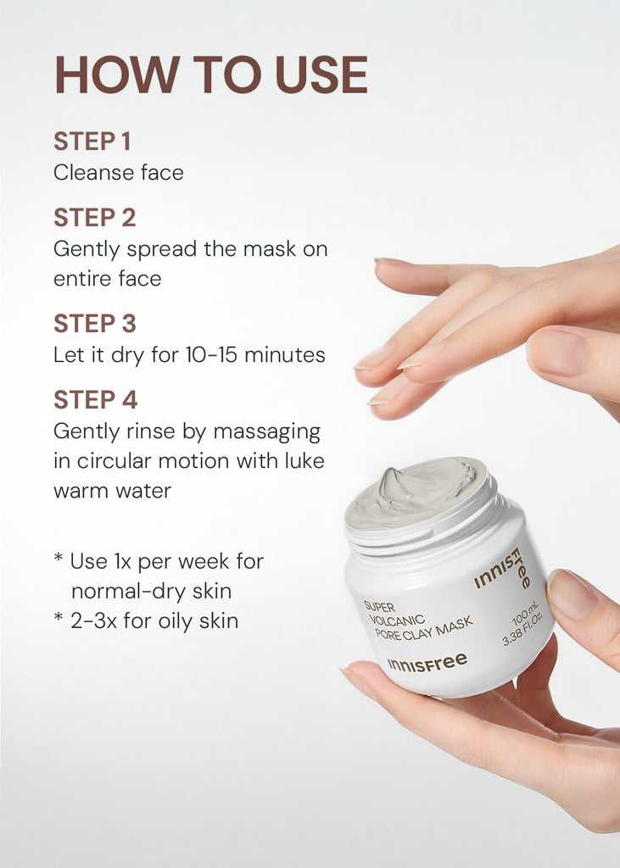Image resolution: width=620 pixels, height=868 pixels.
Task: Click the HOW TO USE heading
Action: (211, 75)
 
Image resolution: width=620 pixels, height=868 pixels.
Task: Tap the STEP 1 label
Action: (92, 142)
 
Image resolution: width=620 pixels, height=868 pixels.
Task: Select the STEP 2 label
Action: (95, 217)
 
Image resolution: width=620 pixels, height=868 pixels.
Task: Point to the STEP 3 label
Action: (95, 323)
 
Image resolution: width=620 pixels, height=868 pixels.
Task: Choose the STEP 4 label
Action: (95, 400)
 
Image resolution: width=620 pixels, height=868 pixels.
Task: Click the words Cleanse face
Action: (119, 172)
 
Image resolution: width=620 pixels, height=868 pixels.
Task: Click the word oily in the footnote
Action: (176, 621)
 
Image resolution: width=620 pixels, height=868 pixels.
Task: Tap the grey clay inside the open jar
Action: (416, 490)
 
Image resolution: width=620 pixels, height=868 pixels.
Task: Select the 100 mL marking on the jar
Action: (525, 614)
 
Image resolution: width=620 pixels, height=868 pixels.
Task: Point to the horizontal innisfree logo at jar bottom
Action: (427, 662)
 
